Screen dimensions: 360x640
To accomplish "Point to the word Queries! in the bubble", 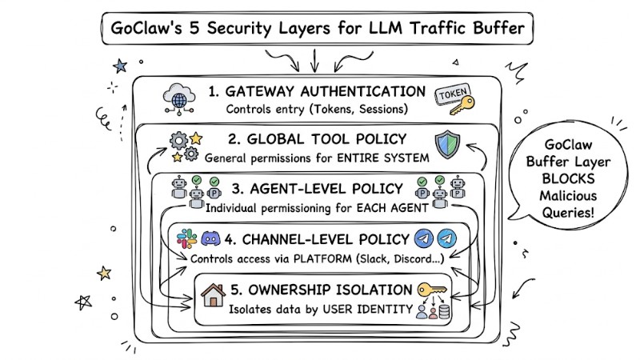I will (x=573, y=213).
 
